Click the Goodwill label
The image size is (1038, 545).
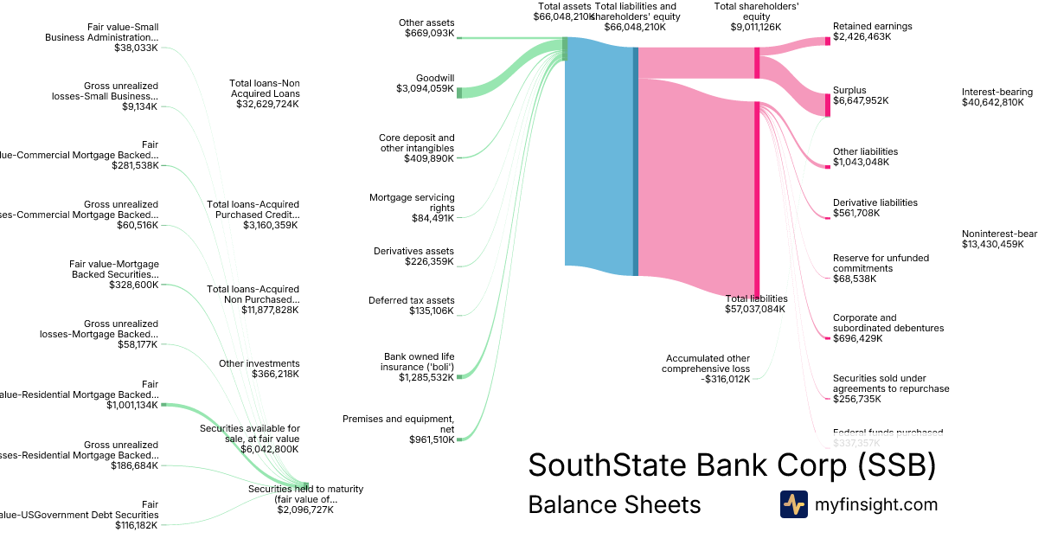[x=434, y=78]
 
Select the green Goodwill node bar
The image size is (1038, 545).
[x=459, y=93]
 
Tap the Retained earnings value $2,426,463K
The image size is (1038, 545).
[x=862, y=36]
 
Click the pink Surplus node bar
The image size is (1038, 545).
[x=827, y=105]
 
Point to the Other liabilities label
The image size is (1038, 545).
[x=865, y=151]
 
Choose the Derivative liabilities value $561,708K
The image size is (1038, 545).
[x=862, y=213]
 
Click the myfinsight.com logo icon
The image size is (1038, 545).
[x=793, y=504]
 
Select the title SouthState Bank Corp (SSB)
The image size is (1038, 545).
[x=732, y=465]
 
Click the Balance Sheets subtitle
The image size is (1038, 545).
[x=614, y=504]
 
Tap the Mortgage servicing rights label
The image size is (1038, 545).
[x=412, y=202]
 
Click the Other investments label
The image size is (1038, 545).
[x=259, y=363]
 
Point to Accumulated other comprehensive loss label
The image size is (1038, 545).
[x=708, y=363]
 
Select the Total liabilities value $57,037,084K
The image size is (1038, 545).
[x=754, y=309]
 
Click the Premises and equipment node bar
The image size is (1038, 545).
[x=459, y=439]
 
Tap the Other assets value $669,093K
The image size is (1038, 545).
[x=429, y=33]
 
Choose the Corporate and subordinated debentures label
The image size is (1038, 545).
[x=876, y=323]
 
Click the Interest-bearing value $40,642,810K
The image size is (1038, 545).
[x=992, y=102]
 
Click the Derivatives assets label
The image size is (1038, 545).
[x=413, y=251]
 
